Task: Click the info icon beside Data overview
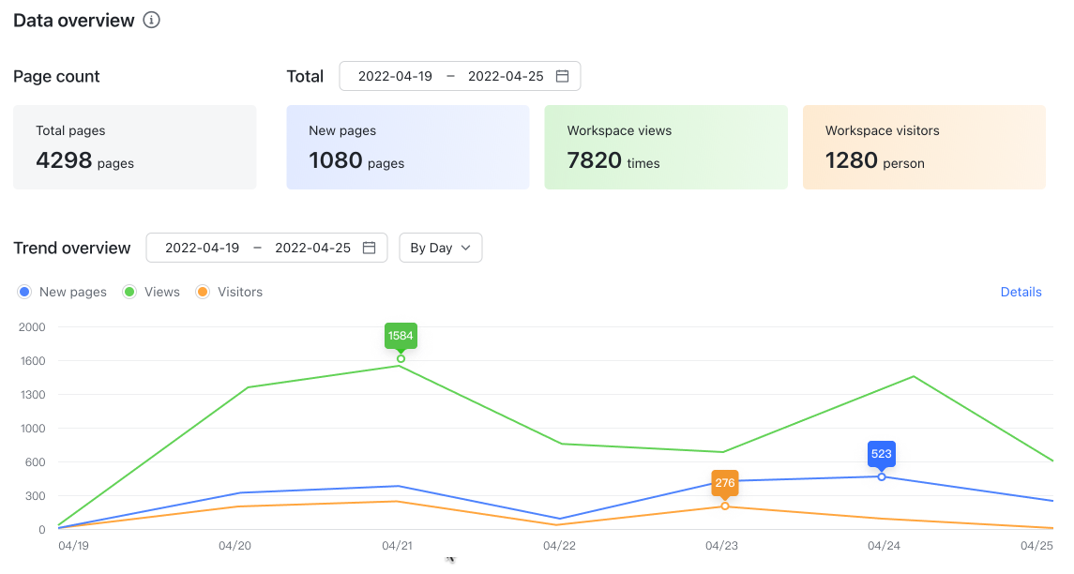(x=151, y=21)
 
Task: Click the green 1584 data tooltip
(x=401, y=336)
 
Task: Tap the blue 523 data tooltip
(x=882, y=454)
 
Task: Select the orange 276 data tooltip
(x=725, y=483)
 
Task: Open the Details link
(x=1021, y=292)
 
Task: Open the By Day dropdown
(x=441, y=248)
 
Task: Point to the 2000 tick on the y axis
(x=32, y=327)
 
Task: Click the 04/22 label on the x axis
(x=559, y=546)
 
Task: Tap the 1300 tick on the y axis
(x=32, y=395)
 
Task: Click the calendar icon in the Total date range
(x=563, y=76)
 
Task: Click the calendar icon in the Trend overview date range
(x=370, y=248)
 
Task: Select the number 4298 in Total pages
(x=64, y=160)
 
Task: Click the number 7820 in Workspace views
(x=595, y=160)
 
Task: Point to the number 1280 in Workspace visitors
(x=852, y=160)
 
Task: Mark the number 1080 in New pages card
(x=336, y=160)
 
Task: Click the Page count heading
(x=56, y=76)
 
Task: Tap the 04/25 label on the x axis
(x=1036, y=546)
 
